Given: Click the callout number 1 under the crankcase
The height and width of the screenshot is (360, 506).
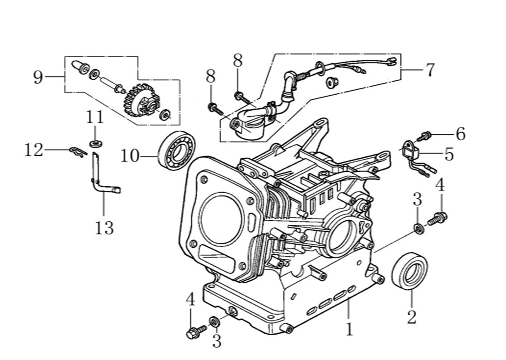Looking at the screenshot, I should point(349,329).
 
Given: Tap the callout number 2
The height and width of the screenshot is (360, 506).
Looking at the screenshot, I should point(411,316).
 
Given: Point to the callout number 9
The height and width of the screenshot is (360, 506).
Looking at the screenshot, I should point(39,77).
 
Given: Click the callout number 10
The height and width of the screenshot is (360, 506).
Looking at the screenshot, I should point(130,156).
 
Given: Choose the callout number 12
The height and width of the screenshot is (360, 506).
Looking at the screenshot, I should point(33,150).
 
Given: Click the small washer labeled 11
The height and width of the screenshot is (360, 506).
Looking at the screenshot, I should point(96,144).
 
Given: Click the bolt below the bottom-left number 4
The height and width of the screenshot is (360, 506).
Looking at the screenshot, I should point(192,333).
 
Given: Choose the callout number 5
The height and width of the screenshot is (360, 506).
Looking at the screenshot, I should point(448,154).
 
